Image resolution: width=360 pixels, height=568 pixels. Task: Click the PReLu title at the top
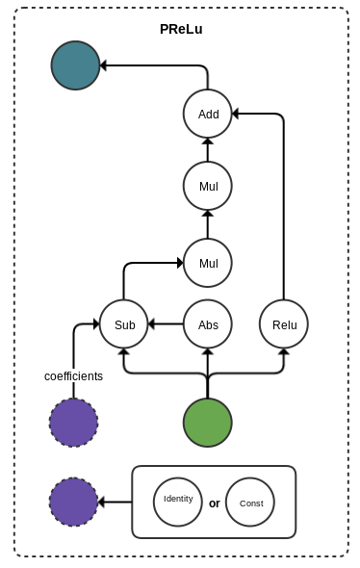coord(181,29)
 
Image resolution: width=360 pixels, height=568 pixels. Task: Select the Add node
coord(208,114)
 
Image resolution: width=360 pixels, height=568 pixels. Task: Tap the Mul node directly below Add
coord(208,186)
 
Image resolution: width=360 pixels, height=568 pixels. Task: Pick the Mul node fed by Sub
coord(208,263)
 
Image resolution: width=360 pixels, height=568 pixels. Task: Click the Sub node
coord(124,324)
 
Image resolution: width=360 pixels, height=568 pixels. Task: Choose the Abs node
coord(208,324)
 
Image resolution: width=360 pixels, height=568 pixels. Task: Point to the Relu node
coord(284,324)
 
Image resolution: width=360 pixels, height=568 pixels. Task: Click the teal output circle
coord(75,65)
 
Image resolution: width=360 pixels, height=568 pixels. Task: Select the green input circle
coord(208,423)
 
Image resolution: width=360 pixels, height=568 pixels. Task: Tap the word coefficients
coord(73,376)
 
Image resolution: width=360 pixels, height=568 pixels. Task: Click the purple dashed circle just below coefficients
coord(74,423)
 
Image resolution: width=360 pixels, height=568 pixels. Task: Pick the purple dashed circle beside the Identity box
coord(74,502)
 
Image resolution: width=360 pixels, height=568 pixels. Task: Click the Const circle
coord(250,502)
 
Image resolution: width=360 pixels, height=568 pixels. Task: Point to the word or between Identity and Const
coord(215,503)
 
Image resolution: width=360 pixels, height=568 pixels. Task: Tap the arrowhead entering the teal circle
coord(104,65)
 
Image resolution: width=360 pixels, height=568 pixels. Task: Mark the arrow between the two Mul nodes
coord(208,224)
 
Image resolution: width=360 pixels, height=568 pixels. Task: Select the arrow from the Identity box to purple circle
coord(116,502)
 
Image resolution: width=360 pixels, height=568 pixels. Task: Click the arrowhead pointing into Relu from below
coord(284,352)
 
